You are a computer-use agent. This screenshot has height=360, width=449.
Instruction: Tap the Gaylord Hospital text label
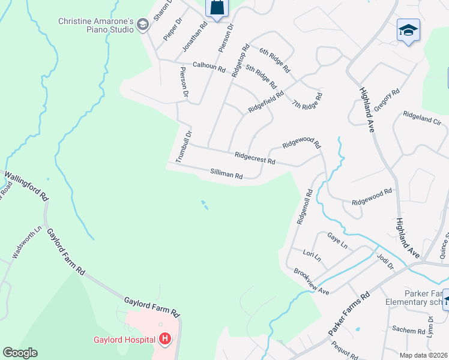coord(125,340)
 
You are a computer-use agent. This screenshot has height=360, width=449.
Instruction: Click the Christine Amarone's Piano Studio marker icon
coord(142,25)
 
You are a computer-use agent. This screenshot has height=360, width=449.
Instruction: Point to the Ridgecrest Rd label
coord(255,158)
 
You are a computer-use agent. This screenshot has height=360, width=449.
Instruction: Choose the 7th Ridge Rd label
coord(307,100)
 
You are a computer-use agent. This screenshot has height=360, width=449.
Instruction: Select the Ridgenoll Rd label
coord(304,207)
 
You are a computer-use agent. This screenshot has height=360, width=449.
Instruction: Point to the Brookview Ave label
coord(312,280)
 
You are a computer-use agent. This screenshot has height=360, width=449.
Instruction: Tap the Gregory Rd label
coord(387,100)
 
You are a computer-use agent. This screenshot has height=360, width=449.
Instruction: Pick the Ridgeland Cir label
coord(422,117)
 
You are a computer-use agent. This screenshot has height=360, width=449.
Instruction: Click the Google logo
coord(20,353)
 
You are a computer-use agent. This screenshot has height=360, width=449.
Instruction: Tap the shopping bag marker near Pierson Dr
coord(217,8)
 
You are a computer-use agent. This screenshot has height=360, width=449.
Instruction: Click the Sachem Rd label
coord(408,329)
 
